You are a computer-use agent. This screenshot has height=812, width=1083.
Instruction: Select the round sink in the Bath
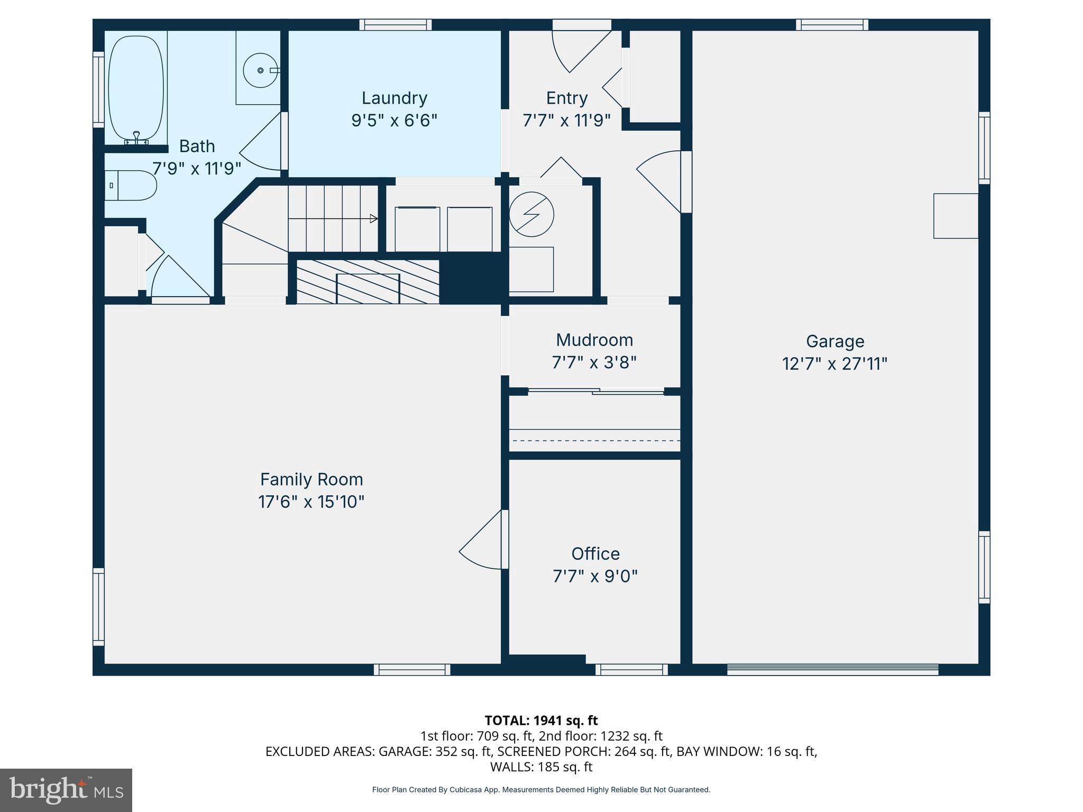260,70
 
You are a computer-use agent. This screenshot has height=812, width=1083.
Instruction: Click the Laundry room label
394,98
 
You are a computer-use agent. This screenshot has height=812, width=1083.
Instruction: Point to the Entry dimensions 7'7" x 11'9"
566,121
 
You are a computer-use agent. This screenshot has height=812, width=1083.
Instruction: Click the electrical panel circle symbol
531,214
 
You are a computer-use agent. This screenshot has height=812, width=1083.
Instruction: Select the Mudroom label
594,340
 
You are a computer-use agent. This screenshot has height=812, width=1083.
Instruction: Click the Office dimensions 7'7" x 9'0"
595,576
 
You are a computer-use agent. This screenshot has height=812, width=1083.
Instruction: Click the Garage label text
834,342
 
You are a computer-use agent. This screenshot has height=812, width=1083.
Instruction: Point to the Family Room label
311,479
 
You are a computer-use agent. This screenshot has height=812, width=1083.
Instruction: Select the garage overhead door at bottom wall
832,670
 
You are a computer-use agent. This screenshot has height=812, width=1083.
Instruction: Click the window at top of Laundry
396,25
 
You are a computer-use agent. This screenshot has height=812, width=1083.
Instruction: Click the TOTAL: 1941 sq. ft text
541,721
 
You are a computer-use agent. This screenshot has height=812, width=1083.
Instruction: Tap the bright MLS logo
66,790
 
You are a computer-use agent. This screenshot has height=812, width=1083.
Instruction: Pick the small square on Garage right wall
955,216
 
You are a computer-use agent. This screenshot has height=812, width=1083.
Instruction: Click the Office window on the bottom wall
631,670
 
